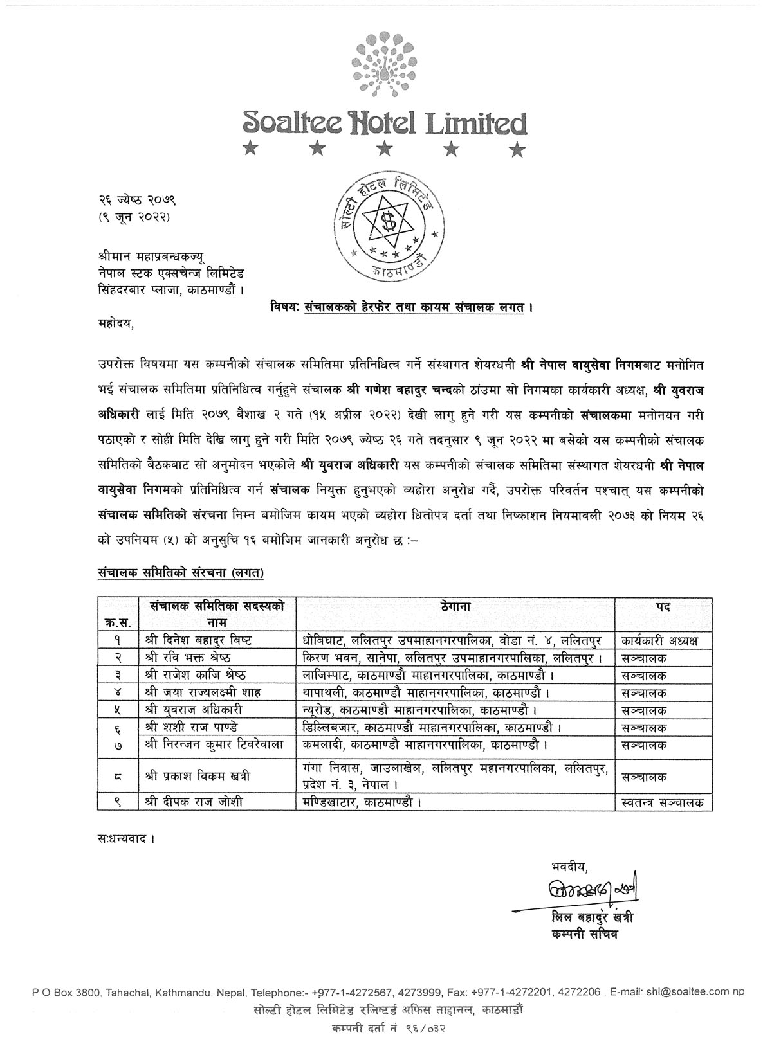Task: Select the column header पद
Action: (663, 606)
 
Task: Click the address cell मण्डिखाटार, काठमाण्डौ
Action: (363, 802)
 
